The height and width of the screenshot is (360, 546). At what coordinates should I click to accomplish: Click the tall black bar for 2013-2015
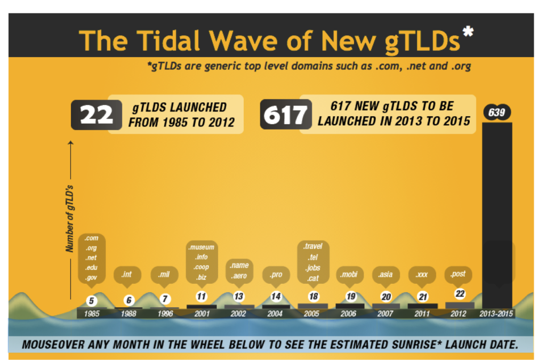497,213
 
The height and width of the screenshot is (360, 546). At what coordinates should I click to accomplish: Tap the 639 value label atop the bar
497,113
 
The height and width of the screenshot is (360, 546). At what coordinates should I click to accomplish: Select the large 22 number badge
96,115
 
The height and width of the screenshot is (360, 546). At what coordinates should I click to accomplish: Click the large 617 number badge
285,115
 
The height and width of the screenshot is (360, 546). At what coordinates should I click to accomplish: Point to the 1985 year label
92,314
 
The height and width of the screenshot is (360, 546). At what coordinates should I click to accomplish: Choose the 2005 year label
311,314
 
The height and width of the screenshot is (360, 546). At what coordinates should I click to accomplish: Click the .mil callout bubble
165,275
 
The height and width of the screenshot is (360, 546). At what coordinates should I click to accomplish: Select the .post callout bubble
459,274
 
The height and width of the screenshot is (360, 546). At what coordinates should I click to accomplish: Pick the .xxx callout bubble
422,275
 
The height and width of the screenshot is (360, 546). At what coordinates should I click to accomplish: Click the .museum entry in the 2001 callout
202,247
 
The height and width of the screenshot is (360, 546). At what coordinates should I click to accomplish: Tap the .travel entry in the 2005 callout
312,246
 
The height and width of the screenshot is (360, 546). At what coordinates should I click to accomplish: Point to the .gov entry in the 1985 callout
91,278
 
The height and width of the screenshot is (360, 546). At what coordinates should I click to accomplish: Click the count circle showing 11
201,297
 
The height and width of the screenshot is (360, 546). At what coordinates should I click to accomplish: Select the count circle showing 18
313,297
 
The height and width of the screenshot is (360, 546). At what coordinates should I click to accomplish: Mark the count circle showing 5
91,300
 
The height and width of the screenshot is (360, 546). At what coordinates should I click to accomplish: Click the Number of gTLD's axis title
69,219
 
